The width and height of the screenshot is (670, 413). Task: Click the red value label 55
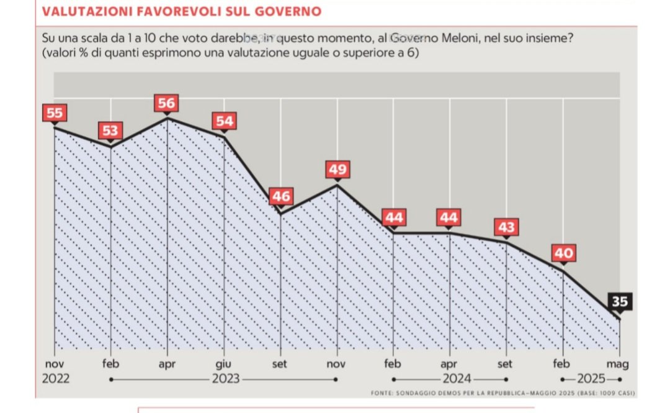[55, 113]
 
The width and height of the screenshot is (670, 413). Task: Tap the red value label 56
[166, 103]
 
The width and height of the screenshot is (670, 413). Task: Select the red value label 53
[110, 131]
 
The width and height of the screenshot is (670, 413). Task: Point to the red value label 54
[223, 120]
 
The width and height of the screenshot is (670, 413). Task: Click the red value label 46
[280, 196]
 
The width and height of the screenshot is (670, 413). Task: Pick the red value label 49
[337, 169]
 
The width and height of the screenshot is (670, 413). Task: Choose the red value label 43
[506, 227]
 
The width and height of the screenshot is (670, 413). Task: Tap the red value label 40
[563, 253]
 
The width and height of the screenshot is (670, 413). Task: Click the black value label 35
[619, 302]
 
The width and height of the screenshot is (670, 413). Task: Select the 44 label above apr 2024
[450, 217]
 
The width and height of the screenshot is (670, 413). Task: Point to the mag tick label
[617, 365]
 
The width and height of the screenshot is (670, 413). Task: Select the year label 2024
[456, 379]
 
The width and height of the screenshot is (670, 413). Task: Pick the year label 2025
[591, 379]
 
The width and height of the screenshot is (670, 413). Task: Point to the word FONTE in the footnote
[383, 393]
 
